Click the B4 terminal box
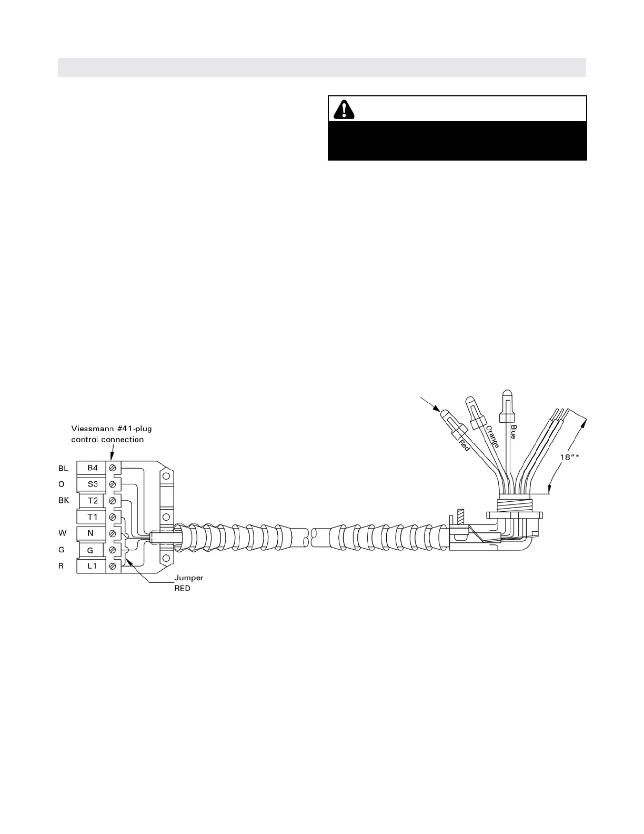coord(92,468)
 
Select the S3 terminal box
coord(92,484)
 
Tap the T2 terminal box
coord(92,501)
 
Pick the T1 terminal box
coord(92,517)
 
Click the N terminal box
coord(90,533)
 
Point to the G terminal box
coord(90,550)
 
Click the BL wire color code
coord(63,468)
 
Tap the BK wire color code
coord(64,501)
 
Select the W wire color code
coord(62,533)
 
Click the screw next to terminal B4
coord(112,468)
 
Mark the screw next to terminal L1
coord(112,566)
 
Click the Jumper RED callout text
coord(188,583)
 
